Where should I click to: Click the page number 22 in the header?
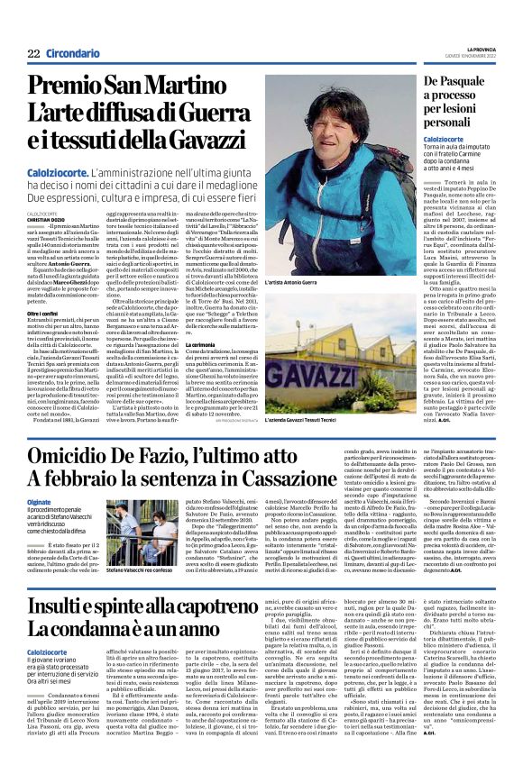(33, 55)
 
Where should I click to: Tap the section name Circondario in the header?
(72, 55)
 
